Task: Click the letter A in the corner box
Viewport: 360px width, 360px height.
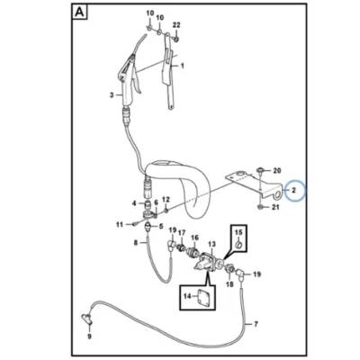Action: point(79,12)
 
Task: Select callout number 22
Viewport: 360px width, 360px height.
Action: point(176,25)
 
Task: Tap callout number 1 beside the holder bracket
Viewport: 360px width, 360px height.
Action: point(182,66)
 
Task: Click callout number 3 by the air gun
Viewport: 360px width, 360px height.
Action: point(112,95)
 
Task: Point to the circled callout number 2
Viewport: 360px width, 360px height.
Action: point(294,190)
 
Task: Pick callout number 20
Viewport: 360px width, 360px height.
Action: point(277,171)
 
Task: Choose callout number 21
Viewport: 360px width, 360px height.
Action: point(275,207)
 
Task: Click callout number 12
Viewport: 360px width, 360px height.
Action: point(166,200)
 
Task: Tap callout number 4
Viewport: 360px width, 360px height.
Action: point(134,203)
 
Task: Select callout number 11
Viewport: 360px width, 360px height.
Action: point(120,224)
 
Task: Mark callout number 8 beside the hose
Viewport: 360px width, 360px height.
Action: point(136,242)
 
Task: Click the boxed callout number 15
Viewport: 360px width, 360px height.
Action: point(238,232)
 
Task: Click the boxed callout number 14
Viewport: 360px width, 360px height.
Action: point(187,296)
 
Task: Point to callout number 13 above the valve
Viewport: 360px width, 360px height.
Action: point(211,244)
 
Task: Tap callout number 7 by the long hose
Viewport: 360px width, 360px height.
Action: point(256,324)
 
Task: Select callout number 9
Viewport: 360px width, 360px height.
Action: point(89,337)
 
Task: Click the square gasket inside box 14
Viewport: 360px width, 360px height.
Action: point(202,296)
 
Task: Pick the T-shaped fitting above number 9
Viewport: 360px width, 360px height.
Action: point(87,319)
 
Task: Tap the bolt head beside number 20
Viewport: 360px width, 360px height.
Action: point(260,170)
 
